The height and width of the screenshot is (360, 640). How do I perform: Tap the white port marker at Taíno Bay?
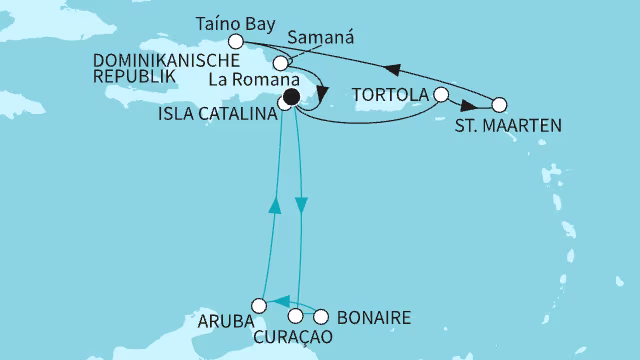coord(236,42)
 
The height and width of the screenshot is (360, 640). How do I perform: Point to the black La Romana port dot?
coord(291,97)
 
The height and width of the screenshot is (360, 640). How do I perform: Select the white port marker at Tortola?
coord(441,95)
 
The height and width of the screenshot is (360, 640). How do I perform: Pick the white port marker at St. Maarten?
coord(499,104)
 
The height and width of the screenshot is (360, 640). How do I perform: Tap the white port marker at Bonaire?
coord(321,317)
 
